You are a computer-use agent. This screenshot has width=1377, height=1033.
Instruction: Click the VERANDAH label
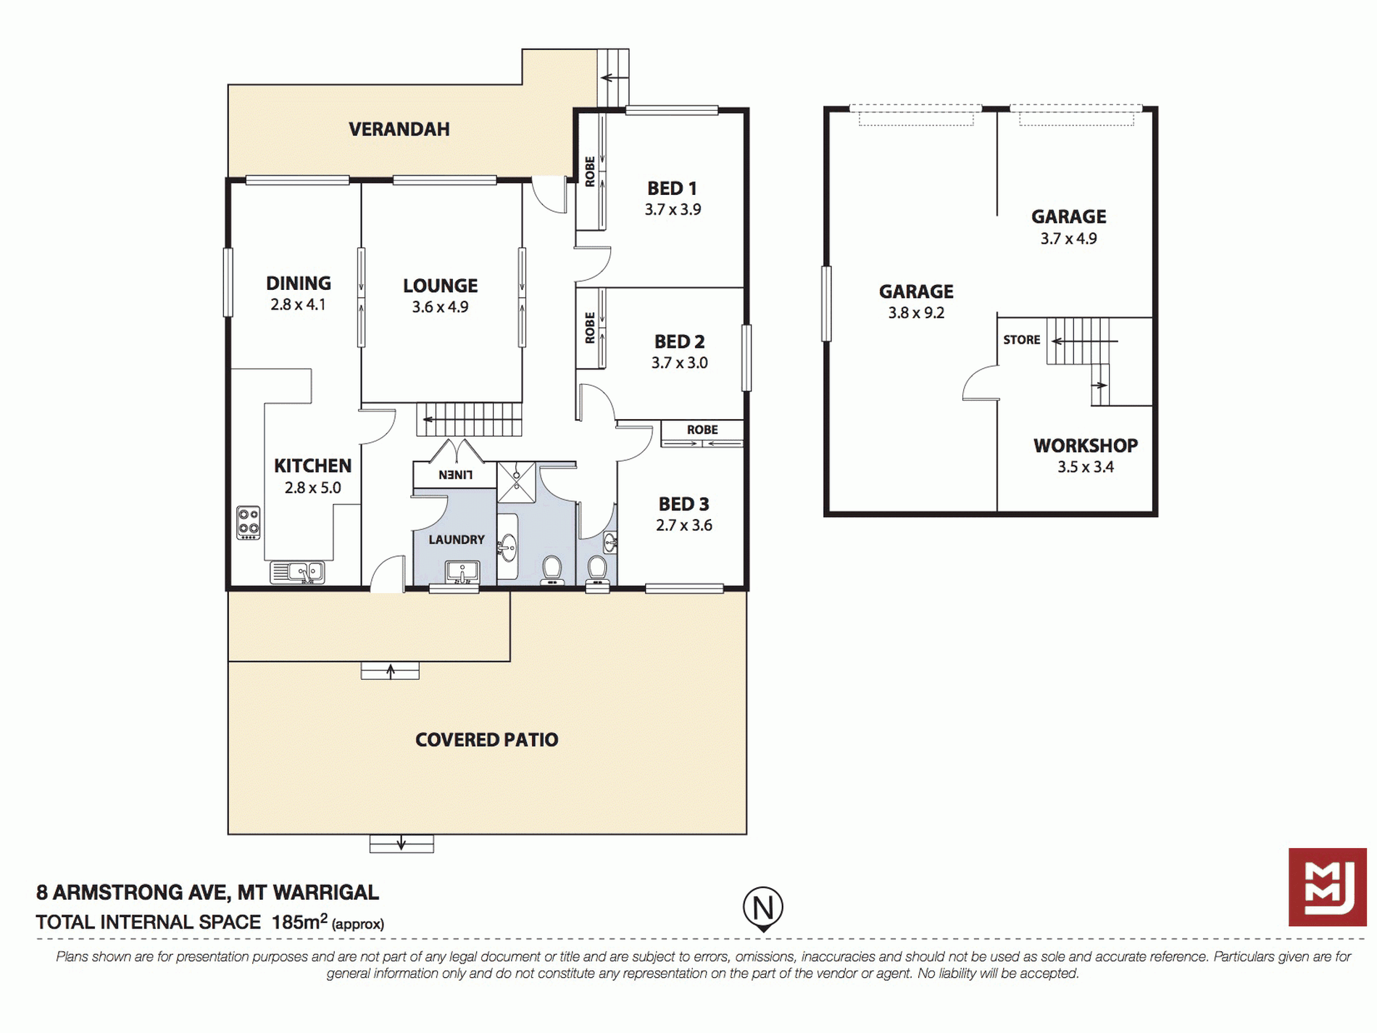[399, 129]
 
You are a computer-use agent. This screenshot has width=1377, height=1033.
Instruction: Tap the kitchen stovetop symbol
[249, 523]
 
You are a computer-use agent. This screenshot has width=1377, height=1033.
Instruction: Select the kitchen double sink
[297, 573]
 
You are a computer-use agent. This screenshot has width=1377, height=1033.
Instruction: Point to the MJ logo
[1328, 887]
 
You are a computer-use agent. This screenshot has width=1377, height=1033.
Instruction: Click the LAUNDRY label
[457, 539]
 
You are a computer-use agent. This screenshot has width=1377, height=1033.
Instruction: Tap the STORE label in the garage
[1022, 339]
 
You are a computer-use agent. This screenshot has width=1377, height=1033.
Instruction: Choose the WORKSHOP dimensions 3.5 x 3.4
[1086, 467]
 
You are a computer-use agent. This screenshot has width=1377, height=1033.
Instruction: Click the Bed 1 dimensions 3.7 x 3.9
[673, 209]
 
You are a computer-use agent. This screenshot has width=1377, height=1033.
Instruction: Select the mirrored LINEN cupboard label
[456, 475]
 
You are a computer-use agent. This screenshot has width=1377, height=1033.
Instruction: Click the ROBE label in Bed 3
[702, 430]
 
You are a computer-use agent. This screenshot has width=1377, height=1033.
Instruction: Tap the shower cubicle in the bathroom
[517, 482]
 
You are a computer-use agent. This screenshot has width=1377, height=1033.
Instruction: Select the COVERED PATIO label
[487, 739]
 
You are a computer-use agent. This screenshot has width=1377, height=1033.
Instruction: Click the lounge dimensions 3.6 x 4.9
[441, 307]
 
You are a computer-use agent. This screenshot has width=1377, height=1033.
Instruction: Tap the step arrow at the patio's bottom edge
[402, 844]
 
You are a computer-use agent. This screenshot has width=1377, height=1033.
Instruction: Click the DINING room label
[299, 283]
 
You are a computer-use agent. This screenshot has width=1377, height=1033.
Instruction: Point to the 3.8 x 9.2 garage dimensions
[917, 313]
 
